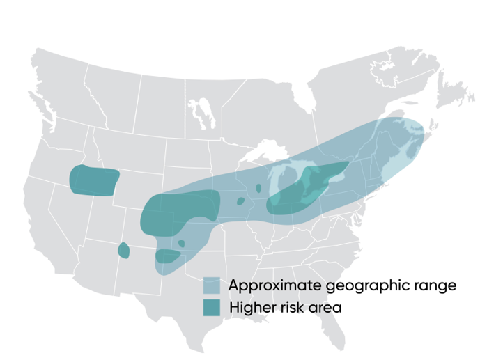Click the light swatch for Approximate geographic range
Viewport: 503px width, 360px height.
[212, 285]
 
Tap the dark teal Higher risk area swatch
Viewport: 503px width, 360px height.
[212, 307]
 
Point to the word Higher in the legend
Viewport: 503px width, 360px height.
[251, 307]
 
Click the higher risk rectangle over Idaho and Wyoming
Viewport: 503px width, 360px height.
[93, 181]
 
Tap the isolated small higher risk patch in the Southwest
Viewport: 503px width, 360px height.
[124, 251]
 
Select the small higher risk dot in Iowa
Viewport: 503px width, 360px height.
[240, 201]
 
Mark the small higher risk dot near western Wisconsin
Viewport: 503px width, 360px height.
[258, 188]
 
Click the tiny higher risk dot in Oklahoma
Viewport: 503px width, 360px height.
[182, 244]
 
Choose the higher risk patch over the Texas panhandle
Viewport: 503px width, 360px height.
[167, 256]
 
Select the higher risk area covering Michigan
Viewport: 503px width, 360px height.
[307, 188]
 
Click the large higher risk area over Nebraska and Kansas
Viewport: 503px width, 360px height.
[174, 212]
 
